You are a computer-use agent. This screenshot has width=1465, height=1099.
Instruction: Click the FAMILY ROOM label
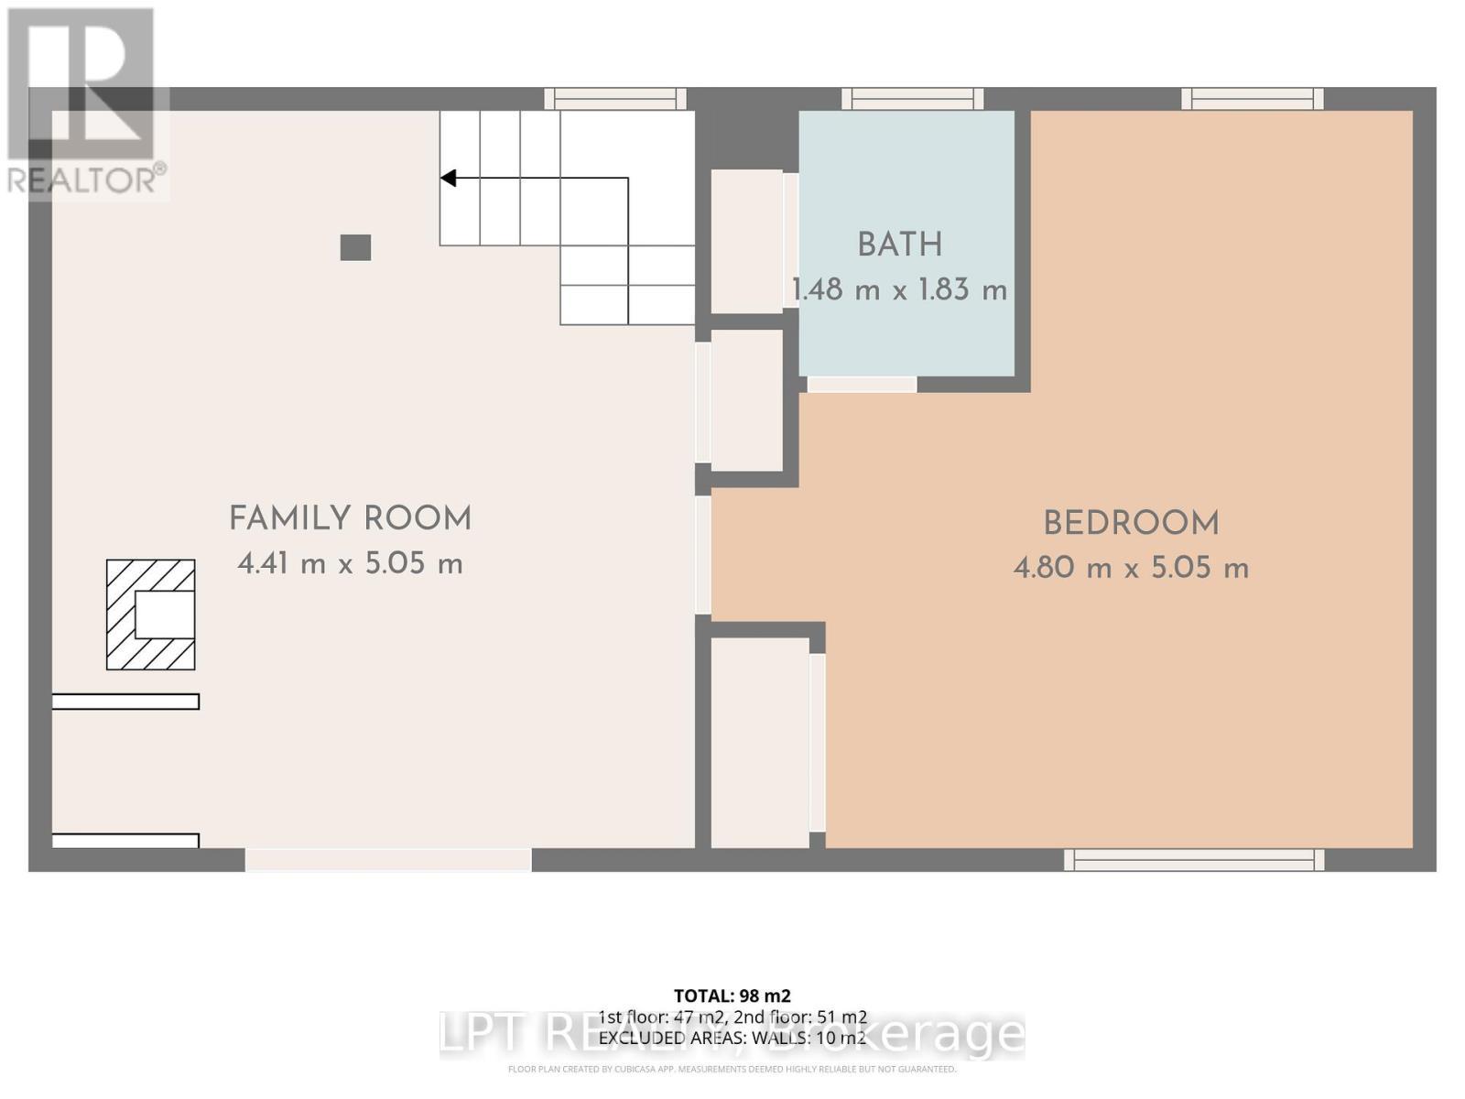point(350,518)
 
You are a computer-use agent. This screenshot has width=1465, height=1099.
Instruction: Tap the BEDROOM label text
point(1131,524)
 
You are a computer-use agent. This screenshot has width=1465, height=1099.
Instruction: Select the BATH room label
point(899,245)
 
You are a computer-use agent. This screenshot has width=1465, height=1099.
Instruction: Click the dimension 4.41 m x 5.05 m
point(350,563)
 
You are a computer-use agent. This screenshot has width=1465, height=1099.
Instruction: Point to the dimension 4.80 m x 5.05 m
point(1131,568)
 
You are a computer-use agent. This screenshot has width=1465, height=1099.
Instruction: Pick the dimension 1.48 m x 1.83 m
point(899,290)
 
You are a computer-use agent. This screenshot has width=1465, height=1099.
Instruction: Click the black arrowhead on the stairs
point(448,178)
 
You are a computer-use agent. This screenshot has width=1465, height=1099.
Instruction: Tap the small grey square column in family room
point(355,247)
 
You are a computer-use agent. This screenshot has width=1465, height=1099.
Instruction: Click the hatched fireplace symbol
point(151,615)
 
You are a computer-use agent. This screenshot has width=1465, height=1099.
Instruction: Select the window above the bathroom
point(912,99)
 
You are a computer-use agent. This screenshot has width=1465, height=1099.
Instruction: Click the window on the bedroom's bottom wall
point(1194,859)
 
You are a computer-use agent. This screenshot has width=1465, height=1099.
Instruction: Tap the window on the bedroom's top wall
point(1252,99)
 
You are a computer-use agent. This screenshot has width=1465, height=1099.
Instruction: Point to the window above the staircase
point(614,99)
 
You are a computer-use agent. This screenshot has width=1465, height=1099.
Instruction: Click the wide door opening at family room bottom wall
point(388,859)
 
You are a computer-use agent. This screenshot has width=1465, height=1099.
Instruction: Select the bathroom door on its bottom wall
point(862,385)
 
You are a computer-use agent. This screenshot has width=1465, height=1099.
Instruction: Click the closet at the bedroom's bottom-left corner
point(760,742)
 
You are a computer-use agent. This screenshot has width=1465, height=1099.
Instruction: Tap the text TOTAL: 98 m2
point(732,996)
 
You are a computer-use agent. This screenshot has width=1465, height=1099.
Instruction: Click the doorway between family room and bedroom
point(703,555)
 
